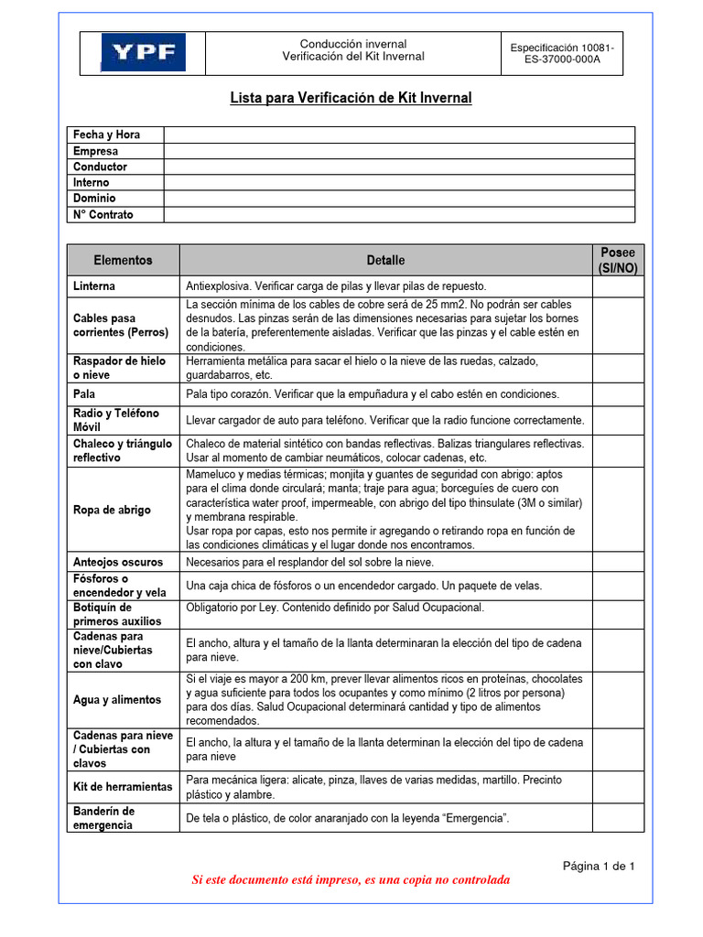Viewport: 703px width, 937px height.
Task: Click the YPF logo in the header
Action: [143, 52]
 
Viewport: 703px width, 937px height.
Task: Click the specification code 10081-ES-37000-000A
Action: [561, 53]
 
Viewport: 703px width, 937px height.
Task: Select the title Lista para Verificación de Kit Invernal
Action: [351, 98]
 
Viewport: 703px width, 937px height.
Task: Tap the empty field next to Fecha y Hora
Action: [398, 135]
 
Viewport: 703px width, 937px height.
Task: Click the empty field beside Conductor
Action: [398, 167]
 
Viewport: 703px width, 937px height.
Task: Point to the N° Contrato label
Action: [103, 214]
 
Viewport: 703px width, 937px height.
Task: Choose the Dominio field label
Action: [94, 199]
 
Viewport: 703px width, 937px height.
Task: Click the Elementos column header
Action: [124, 260]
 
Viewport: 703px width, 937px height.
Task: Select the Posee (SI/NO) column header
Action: [618, 260]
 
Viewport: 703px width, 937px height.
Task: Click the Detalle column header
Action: [385, 260]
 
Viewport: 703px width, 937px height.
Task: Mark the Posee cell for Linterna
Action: [618, 286]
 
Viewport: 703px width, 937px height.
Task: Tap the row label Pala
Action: [84, 393]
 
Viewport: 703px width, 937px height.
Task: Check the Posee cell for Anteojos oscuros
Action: [618, 562]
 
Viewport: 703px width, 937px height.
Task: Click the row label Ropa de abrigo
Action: [112, 510]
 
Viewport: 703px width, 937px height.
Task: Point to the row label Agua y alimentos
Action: [117, 700]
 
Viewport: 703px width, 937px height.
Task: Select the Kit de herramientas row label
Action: [123, 786]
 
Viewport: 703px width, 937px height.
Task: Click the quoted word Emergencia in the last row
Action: [472, 817]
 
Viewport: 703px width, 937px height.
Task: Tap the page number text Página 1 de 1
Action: [599, 866]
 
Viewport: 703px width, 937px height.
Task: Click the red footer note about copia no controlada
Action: [351, 880]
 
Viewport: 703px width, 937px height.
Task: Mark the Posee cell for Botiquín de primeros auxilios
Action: [618, 614]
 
